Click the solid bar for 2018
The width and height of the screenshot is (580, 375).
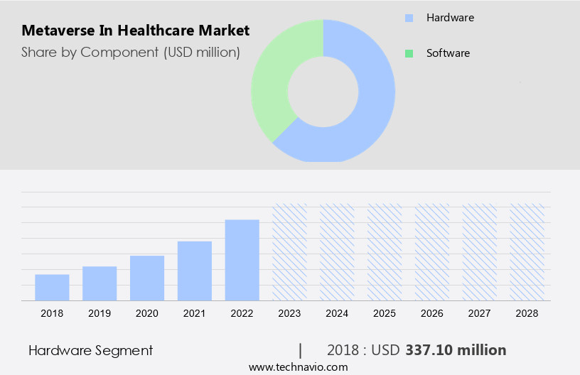pyautogui.click(x=52, y=287)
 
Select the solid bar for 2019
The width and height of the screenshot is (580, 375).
pyautogui.click(x=100, y=283)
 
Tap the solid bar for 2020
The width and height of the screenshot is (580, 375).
pyautogui.click(x=147, y=278)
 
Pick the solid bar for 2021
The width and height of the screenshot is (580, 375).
pyautogui.click(x=195, y=271)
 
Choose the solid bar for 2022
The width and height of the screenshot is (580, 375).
pyautogui.click(x=242, y=260)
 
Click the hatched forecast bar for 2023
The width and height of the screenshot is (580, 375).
pyautogui.click(x=290, y=252)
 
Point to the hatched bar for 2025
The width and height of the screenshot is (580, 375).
pyautogui.click(x=385, y=252)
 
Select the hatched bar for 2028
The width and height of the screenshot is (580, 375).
pyautogui.click(x=527, y=252)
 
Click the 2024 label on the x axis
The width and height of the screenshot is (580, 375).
pyautogui.click(x=338, y=312)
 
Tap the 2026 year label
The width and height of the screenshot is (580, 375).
pyautogui.click(x=432, y=312)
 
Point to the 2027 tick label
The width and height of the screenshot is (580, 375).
pyautogui.click(x=480, y=312)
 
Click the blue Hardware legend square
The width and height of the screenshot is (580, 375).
pyautogui.click(x=408, y=17)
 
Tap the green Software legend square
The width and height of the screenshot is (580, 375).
pyautogui.click(x=408, y=53)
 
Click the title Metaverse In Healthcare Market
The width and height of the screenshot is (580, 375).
pyautogui.click(x=135, y=31)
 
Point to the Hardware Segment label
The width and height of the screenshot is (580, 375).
pyautogui.click(x=90, y=350)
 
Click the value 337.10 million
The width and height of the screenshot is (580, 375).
pyautogui.click(x=456, y=350)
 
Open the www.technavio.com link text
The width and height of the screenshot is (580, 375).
pyautogui.click(x=299, y=367)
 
